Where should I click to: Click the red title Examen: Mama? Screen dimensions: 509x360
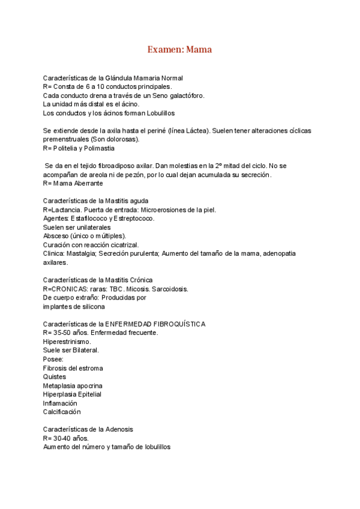[179, 50]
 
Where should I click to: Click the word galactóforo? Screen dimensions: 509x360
[184, 95]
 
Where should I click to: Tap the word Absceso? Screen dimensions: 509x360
[56, 236]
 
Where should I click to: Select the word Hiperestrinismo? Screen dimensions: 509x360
[67, 342]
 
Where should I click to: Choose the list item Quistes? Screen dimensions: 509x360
[54, 377]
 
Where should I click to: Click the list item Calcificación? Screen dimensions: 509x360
[61, 412]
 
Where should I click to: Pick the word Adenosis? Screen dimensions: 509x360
[119, 429]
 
